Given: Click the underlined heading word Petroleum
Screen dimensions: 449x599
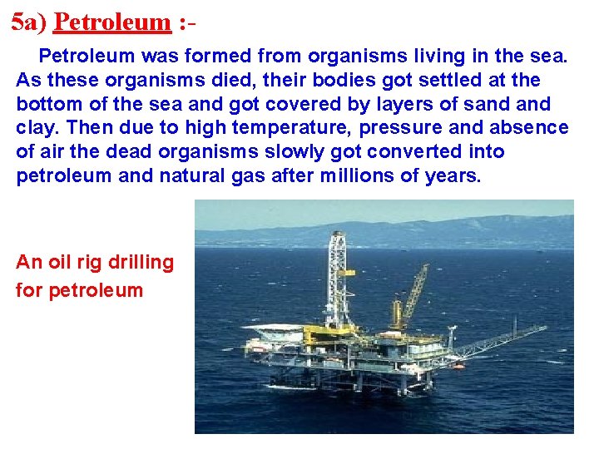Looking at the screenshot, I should tap(111, 22).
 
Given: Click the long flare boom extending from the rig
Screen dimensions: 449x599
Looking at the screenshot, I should tap(499, 340).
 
